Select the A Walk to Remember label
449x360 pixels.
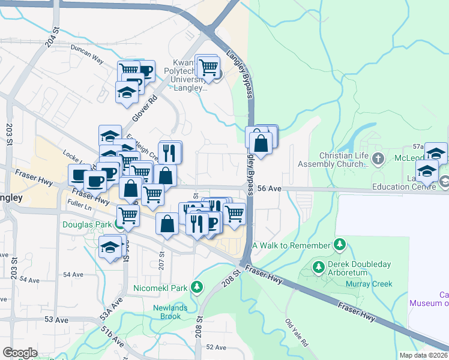click(x=291, y=245)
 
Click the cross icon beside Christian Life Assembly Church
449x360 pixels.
click(x=378, y=159)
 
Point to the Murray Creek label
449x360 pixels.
click(x=372, y=284)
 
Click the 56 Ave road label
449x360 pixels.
click(x=270, y=188)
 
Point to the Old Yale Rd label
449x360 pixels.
click(x=297, y=333)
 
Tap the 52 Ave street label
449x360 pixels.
click(x=215, y=347)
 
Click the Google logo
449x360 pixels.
click(x=20, y=353)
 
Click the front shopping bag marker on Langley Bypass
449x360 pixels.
click(x=261, y=143)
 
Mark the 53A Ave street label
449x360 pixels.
click(x=107, y=311)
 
